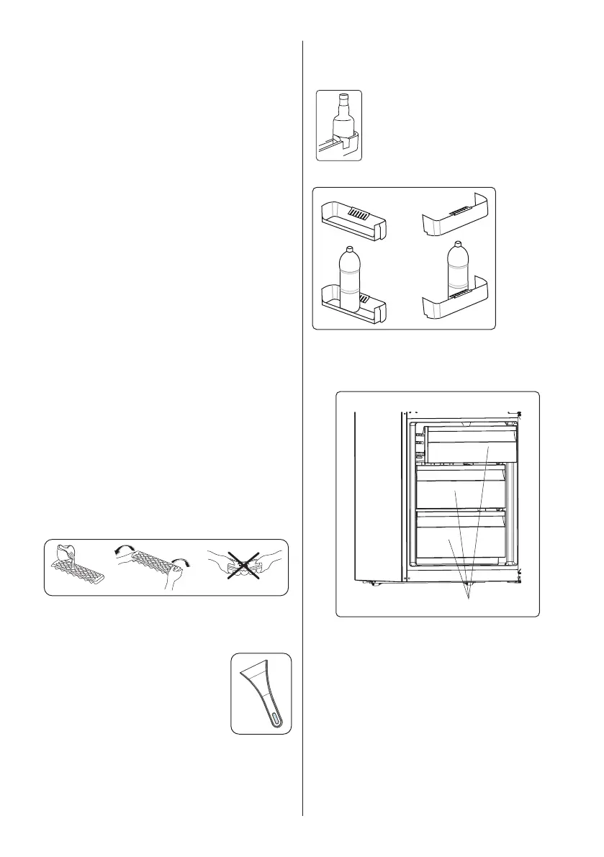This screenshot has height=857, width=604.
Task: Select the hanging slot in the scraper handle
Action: (x=276, y=717)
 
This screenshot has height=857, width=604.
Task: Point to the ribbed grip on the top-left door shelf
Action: (x=359, y=214)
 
